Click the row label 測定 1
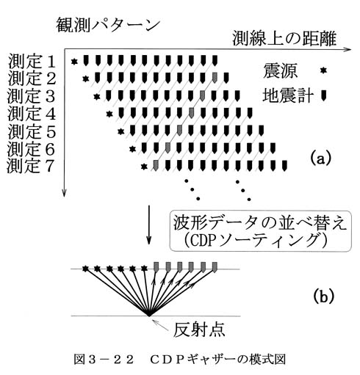coord(32,62)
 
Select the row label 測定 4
coord(32,114)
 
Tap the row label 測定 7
coord(31,166)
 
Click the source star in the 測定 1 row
coord(74,62)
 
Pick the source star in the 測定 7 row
coord(144,167)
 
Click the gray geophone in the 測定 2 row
coord(215,77)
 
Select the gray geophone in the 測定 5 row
coord(179,130)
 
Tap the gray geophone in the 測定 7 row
coord(156,165)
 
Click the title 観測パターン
coord(108,25)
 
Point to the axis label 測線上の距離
coord(284,39)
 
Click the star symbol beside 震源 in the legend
coord(324,70)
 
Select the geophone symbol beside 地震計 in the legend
coord(324,95)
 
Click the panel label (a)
coord(320,159)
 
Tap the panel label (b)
coord(324,296)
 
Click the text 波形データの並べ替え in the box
coord(260,223)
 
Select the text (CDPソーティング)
coord(255,241)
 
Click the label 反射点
coord(199,330)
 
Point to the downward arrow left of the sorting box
coord(148,225)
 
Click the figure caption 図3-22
coord(104,359)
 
